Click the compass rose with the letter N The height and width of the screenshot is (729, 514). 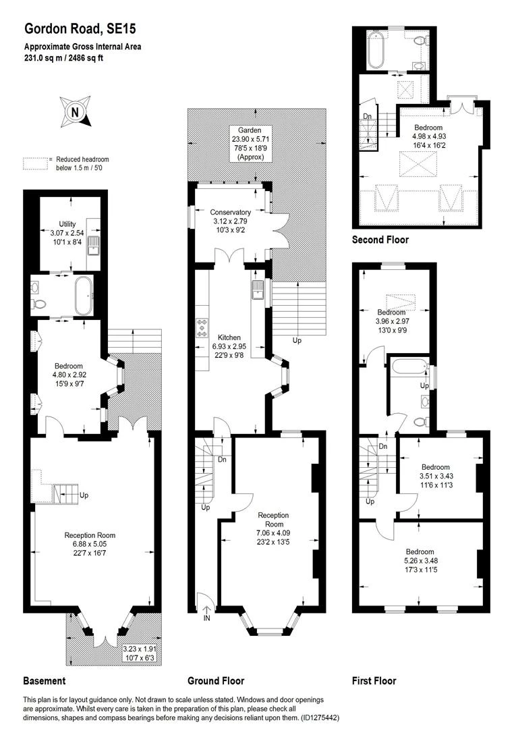pos(75,111)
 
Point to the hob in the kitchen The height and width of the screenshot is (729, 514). pos(202,327)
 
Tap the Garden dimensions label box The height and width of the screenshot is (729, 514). pos(250,144)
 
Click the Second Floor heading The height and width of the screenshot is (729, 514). pos(380,240)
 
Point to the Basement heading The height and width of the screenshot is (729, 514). pos(44,681)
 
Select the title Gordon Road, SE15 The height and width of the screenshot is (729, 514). pos(80,29)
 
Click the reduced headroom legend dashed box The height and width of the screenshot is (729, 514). pos(35,163)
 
